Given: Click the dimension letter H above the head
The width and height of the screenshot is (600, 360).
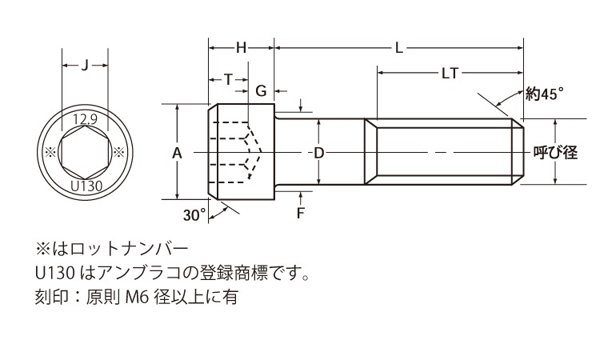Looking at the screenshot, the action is tap(241, 48).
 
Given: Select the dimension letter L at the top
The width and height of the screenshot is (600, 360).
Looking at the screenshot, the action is tap(399, 48).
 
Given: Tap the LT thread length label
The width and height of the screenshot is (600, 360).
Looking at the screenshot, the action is tap(450, 73).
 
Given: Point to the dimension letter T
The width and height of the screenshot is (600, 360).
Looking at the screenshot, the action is tap(228, 79).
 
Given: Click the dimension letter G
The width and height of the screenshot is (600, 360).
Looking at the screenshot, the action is tap(261, 91).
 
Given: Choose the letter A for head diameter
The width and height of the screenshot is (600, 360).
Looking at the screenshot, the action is tap(177, 153).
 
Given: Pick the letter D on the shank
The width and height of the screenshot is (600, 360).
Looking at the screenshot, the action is tap(318, 153).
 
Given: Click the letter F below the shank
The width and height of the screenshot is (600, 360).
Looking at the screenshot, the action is tap(300, 213).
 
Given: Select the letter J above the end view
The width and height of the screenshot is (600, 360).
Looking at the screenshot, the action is tap(85, 66).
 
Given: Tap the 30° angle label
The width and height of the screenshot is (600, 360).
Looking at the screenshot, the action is tap(194, 215).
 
